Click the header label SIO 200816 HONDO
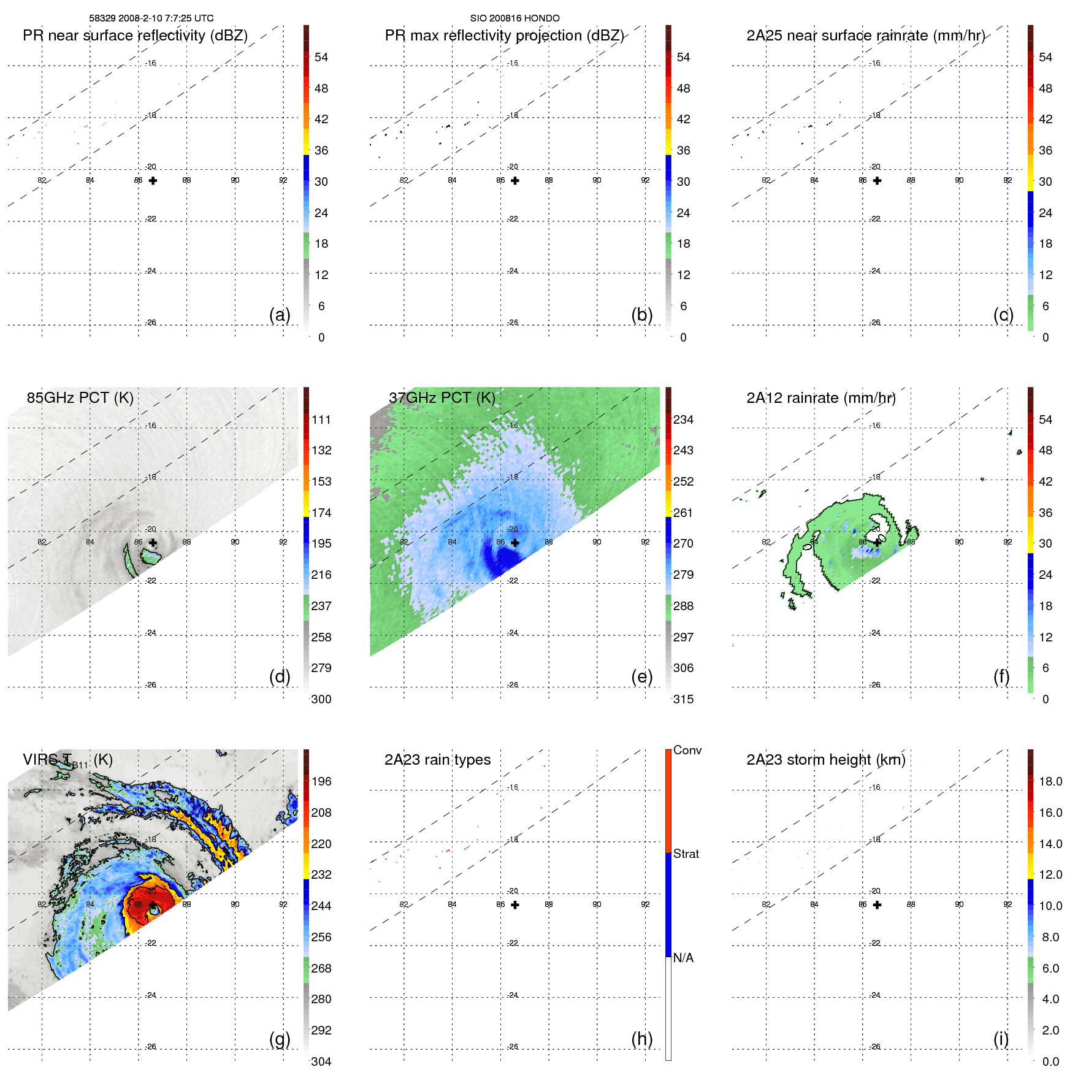click(514, 18)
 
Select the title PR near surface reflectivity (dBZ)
click(135, 36)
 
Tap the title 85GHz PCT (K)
click(80, 397)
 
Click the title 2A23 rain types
click(437, 760)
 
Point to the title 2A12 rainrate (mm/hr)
click(820, 398)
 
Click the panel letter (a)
click(280, 315)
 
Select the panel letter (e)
click(641, 676)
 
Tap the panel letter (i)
click(1001, 1039)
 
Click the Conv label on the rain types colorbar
click(687, 750)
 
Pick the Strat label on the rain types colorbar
click(686, 854)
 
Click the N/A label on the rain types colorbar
click(683, 958)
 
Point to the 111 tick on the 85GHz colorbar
click(321, 419)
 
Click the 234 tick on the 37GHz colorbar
click(683, 419)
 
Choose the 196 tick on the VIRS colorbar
click(321, 781)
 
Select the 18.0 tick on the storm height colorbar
click(1050, 781)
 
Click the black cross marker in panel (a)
click(153, 180)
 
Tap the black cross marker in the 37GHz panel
click(515, 543)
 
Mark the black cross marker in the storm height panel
click(877, 904)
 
